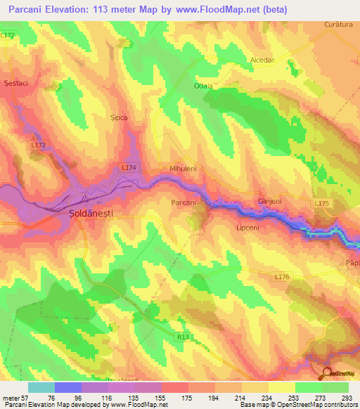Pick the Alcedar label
pos(262,60)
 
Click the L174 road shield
pos(127,169)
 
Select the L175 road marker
pos(322,203)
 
